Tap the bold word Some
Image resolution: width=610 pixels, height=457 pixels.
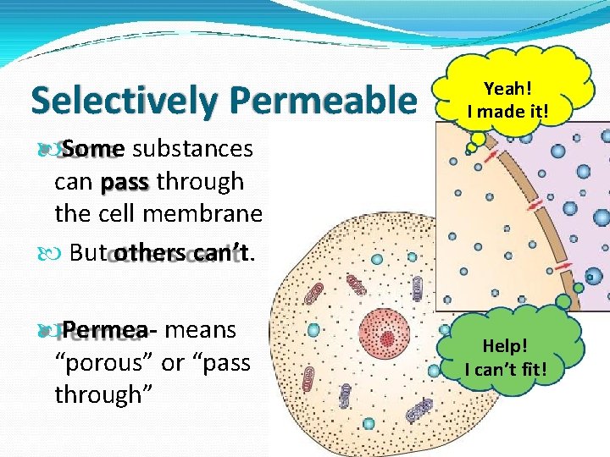click(92, 149)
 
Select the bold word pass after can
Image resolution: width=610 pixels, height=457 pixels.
click(125, 182)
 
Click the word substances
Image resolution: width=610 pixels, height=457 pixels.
click(192, 149)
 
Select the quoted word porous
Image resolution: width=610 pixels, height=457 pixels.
click(103, 362)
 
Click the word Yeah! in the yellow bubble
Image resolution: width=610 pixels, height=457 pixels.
click(507, 87)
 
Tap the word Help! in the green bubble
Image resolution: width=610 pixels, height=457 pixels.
click(506, 346)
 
